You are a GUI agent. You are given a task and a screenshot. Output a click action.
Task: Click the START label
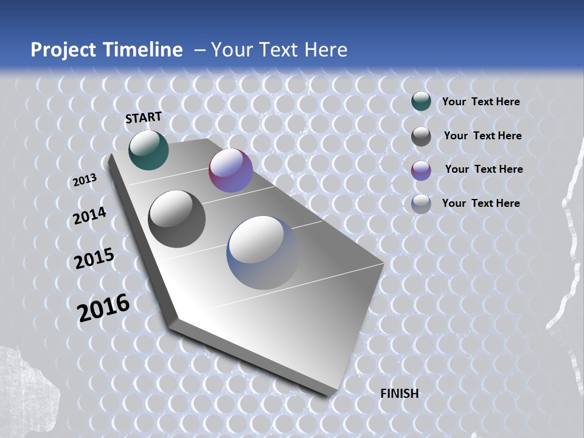144,117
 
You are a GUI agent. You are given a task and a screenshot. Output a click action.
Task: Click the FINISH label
400,394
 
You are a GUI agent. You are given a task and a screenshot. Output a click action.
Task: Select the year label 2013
85,180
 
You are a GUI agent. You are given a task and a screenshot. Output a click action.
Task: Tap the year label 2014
89,216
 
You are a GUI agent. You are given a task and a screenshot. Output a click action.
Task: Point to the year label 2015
94,259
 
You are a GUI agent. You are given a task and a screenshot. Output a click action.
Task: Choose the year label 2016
103,308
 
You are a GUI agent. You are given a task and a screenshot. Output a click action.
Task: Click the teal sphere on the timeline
148,150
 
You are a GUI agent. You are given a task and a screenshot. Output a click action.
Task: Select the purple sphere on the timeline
231,170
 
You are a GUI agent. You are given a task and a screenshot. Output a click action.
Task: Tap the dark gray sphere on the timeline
177,218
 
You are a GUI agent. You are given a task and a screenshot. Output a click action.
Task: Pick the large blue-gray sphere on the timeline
263,252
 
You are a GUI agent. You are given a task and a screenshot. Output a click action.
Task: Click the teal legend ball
421,102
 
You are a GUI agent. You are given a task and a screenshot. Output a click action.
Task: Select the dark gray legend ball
421,136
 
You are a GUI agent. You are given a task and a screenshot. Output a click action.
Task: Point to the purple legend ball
421,170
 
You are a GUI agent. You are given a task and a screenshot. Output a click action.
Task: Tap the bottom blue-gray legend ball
421,204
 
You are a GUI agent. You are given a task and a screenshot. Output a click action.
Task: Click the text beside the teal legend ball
481,102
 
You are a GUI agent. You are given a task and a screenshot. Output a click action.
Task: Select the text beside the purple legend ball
484,169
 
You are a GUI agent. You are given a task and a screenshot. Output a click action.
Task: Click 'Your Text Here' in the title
279,50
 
